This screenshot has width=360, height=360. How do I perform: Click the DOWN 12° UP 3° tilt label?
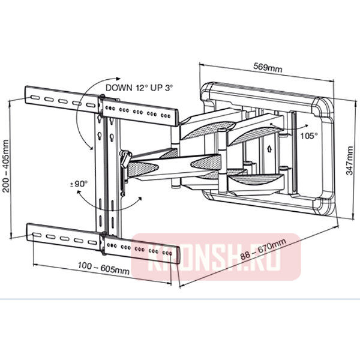pyautogui.click(x=139, y=87)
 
